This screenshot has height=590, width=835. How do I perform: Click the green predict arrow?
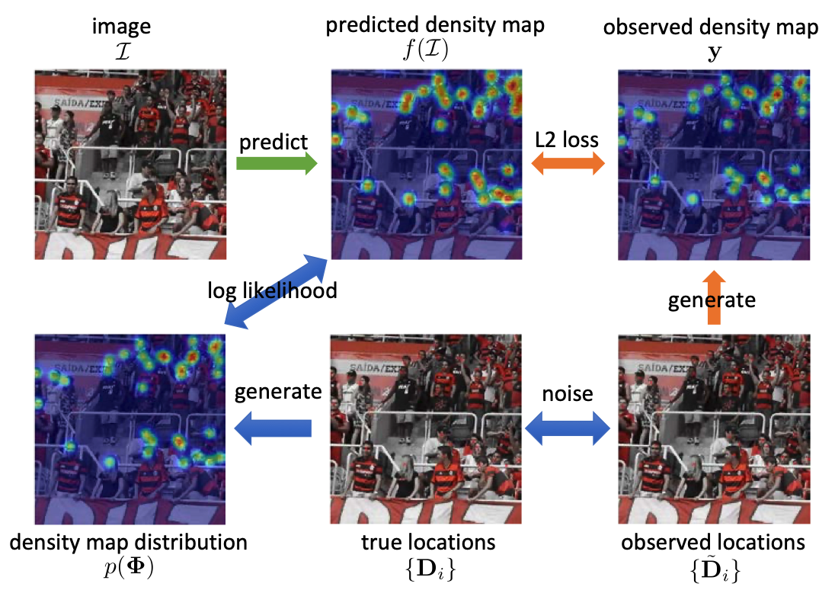click(277, 164)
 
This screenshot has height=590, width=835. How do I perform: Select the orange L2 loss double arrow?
click(568, 163)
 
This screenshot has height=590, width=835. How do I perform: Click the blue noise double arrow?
click(568, 428)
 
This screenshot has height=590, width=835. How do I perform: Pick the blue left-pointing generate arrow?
click(273, 428)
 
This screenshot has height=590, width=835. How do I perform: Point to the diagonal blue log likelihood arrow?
click(276, 291)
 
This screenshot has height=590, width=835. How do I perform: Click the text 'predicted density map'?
click(435, 24)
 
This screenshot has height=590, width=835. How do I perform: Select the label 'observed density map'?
click(711, 27)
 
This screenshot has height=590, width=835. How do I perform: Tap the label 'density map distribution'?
click(128, 542)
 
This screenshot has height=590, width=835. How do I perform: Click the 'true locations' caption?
click(428, 542)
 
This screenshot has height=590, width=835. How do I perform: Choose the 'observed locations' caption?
click(713, 542)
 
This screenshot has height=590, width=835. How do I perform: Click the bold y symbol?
click(714, 53)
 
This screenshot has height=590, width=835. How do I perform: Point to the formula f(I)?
click(426, 50)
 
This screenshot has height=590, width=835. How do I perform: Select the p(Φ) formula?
click(129, 568)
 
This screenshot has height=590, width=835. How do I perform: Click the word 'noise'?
click(568, 394)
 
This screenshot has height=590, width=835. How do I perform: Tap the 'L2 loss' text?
click(567, 139)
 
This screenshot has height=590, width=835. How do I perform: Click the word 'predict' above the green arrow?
click(274, 143)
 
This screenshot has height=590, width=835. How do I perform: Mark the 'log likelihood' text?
click(272, 291)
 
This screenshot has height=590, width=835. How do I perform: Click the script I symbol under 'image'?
click(123, 52)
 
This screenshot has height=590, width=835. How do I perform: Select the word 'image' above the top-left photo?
click(121, 27)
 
